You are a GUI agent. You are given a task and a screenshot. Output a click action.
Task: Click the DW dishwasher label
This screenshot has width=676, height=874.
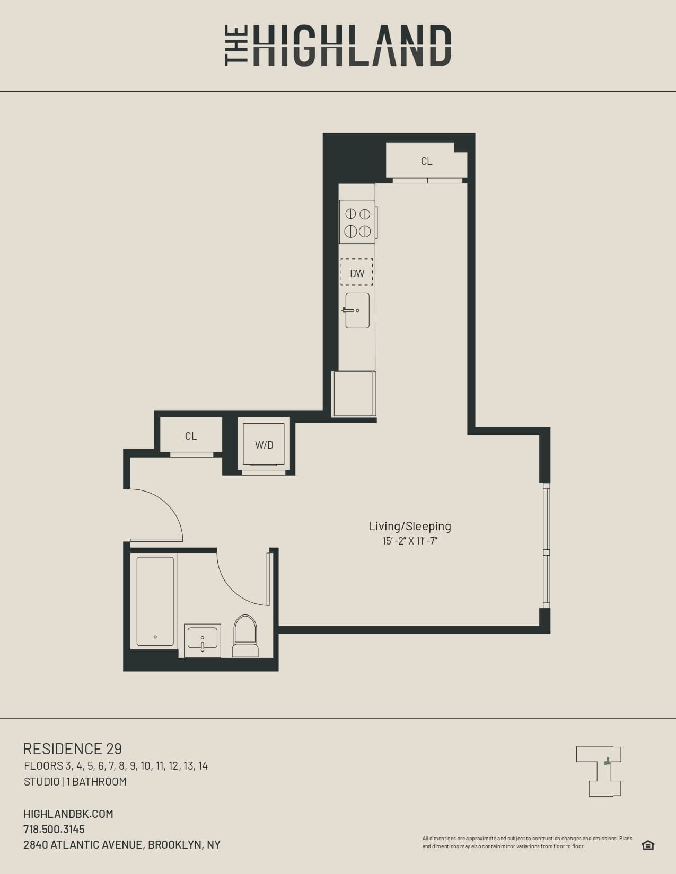click(x=357, y=273)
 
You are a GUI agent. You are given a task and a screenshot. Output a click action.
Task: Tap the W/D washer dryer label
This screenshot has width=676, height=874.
click(x=264, y=445)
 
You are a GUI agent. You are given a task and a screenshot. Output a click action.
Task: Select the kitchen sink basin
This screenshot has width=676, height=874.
click(x=358, y=311)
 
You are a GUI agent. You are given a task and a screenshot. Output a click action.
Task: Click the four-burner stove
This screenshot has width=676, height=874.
click(x=357, y=222)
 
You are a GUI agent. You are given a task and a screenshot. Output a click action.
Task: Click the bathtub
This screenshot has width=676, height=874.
click(x=155, y=601)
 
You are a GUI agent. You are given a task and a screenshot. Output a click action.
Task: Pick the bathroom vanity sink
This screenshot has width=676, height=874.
click(x=203, y=640)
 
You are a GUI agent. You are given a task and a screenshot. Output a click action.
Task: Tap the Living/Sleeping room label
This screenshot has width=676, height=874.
click(x=410, y=526)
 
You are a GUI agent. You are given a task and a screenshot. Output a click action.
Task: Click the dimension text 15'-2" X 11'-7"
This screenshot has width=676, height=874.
click(x=410, y=541)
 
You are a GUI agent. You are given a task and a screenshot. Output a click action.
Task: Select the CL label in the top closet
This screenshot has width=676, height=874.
click(x=426, y=161)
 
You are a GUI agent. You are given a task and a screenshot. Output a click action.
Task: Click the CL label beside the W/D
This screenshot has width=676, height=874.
click(x=191, y=436)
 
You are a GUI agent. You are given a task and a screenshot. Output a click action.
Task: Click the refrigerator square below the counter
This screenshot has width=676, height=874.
click(x=354, y=394)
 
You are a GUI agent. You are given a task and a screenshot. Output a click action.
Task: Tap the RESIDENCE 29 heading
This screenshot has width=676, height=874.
click(x=73, y=748)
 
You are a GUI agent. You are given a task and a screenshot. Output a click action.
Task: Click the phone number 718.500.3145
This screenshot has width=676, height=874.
click(x=54, y=829)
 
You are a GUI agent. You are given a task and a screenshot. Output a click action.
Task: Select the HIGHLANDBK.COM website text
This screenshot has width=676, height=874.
click(x=68, y=814)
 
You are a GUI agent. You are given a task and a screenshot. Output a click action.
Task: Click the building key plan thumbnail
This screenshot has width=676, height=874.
click(x=599, y=771)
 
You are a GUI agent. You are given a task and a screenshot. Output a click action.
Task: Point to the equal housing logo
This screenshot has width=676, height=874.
click(x=647, y=845)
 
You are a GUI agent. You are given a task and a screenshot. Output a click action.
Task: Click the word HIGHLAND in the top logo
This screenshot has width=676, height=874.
click(x=352, y=46)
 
